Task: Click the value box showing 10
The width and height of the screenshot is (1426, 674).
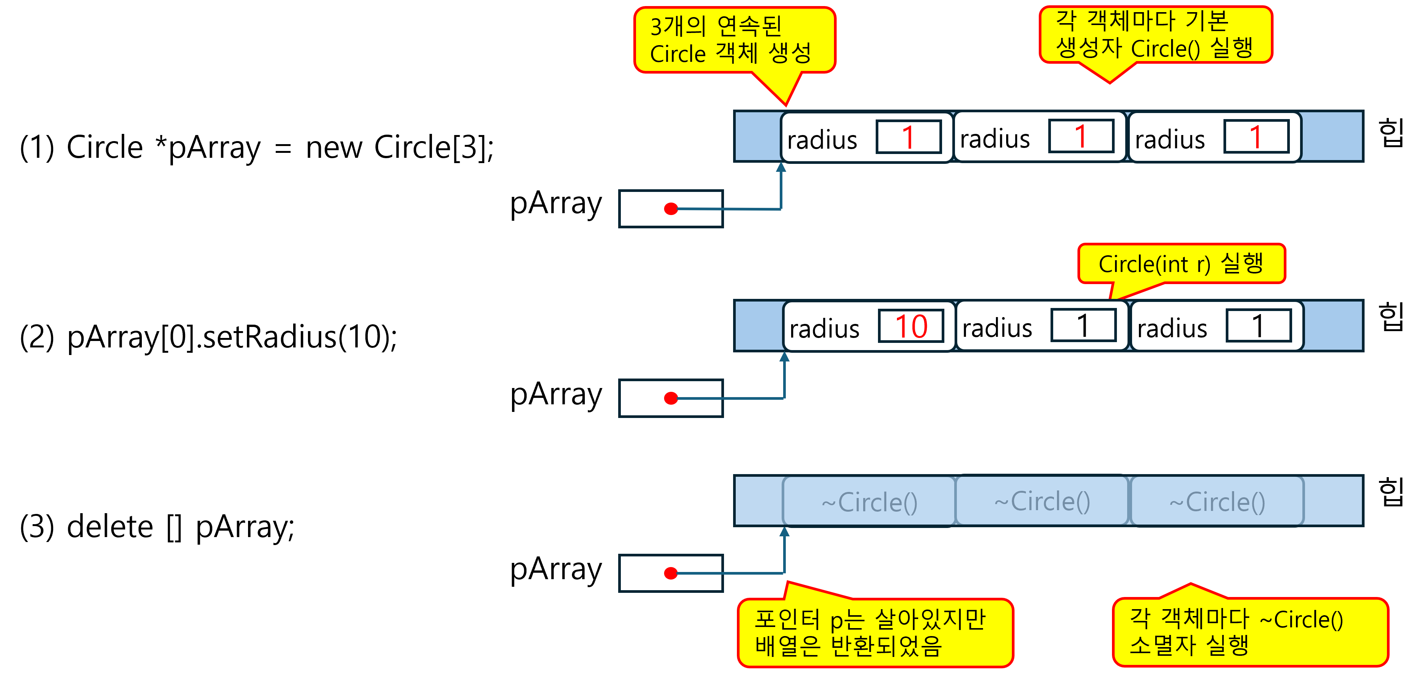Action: pyautogui.click(x=911, y=326)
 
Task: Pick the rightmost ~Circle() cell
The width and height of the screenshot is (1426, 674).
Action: pyautogui.click(x=1217, y=502)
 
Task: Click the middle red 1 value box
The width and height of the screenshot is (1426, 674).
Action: pyautogui.click(x=1081, y=136)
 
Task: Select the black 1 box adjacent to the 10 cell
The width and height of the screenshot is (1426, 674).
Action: pyautogui.click(x=1083, y=326)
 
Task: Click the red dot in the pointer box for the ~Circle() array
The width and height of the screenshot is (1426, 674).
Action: pyautogui.click(x=671, y=573)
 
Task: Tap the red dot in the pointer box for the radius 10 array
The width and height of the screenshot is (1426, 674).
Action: pyautogui.click(x=671, y=398)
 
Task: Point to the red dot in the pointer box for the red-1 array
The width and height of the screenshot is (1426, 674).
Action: pyautogui.click(x=671, y=209)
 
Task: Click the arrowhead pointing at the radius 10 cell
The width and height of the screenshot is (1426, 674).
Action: pyautogui.click(x=784, y=357)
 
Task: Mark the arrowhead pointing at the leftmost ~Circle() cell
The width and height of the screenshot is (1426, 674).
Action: pyautogui.click(x=784, y=532)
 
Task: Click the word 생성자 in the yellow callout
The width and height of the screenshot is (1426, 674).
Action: pyautogui.click(x=1088, y=48)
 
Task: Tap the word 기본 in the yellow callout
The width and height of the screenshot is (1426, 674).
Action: pyautogui.click(x=1207, y=21)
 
